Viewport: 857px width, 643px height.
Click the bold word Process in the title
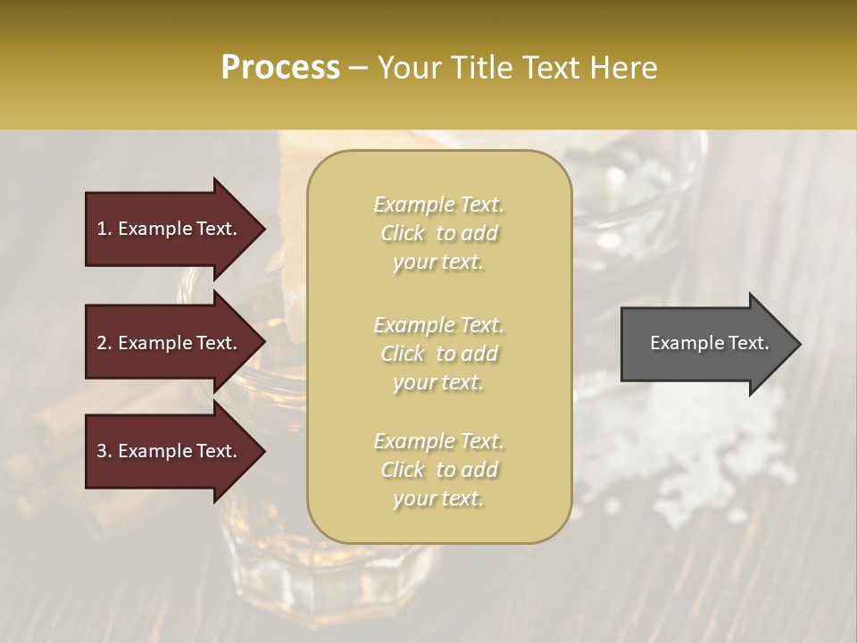click(280, 68)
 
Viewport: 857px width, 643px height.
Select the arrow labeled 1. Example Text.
click(170, 229)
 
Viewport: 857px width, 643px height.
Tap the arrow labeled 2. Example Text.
click(170, 343)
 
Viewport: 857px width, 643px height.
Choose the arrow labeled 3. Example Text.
click(170, 451)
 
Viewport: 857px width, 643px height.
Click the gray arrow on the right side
click(705, 343)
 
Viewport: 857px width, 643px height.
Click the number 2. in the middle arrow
click(104, 343)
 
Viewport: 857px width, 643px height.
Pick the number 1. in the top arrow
click(104, 229)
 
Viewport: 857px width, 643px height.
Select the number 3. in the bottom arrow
click(104, 451)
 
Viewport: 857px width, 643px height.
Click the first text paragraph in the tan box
click(438, 233)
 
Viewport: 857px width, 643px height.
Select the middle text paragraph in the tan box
click(438, 354)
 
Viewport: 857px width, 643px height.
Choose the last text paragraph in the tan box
click(438, 470)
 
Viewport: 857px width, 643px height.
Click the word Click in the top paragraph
click(403, 233)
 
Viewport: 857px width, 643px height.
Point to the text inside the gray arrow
click(709, 343)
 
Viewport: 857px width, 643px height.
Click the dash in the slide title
click(359, 68)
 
